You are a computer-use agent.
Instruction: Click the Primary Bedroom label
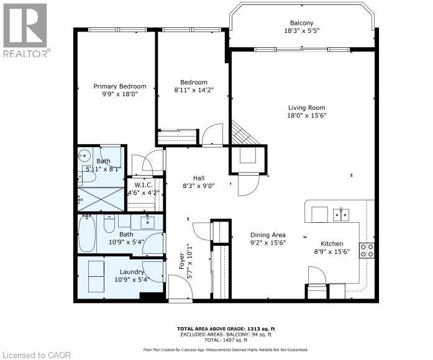pyautogui.click(x=120, y=86)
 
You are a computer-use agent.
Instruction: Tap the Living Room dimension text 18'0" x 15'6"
pyautogui.click(x=306, y=115)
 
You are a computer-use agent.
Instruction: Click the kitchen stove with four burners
pyautogui.click(x=367, y=250)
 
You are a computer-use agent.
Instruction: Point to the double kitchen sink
pyautogui.click(x=340, y=215)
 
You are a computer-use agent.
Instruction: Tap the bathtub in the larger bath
pyautogui.click(x=87, y=233)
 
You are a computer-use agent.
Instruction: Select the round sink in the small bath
pyautogui.click(x=86, y=155)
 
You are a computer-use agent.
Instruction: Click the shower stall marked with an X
pyautogui.click(x=101, y=199)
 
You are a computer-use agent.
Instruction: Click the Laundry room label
pyautogui.click(x=132, y=272)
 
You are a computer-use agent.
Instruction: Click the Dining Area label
pyautogui.click(x=268, y=235)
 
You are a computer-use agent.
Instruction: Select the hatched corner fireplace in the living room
pyautogui.click(x=241, y=132)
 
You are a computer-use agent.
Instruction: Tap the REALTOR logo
pyautogui.click(x=25, y=31)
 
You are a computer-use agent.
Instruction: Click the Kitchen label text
pyautogui.click(x=331, y=244)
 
